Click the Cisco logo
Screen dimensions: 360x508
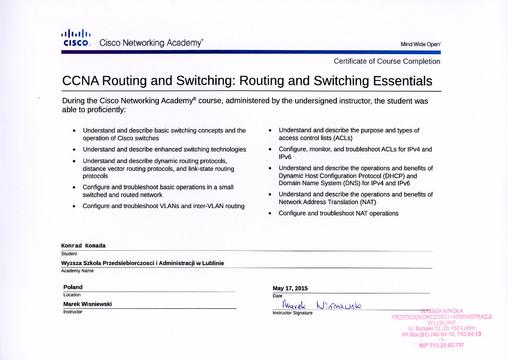click(76, 38)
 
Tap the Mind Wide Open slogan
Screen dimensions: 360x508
click(420, 44)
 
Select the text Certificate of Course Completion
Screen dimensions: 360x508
click(386, 62)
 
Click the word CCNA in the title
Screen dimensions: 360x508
click(81, 81)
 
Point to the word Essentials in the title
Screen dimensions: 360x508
click(402, 81)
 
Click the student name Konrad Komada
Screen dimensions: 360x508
click(83, 246)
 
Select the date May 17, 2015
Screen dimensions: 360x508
click(290, 288)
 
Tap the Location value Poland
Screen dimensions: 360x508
click(73, 287)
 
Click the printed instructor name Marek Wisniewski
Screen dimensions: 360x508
click(87, 304)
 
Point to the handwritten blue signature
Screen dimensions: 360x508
click(322, 304)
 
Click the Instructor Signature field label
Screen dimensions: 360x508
click(293, 313)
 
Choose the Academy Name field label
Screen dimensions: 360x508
click(77, 271)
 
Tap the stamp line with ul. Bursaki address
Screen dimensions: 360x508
click(442, 328)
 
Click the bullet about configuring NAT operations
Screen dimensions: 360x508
click(338, 214)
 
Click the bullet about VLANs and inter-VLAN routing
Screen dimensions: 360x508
click(163, 206)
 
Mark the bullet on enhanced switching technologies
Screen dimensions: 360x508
click(164, 149)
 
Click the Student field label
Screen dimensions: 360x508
click(69, 254)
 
